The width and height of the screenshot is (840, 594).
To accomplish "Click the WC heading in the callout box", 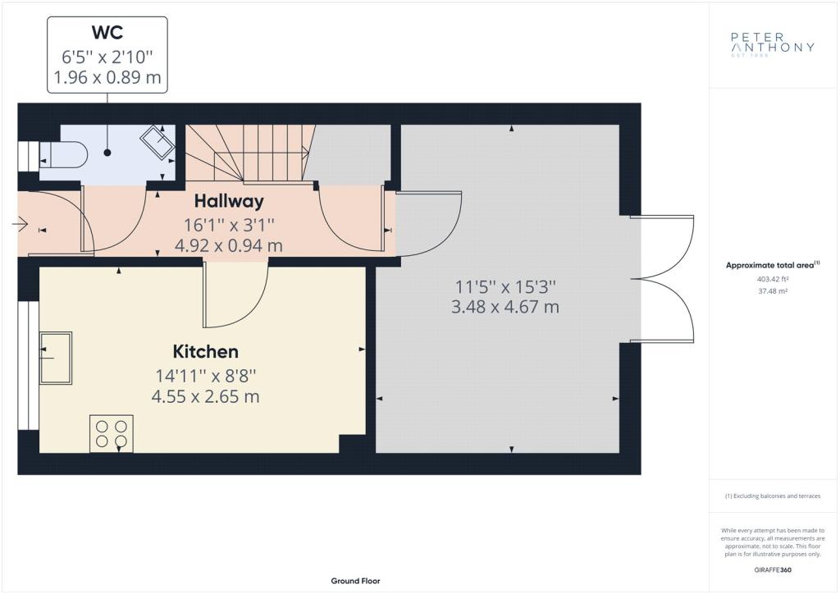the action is click(x=107, y=32).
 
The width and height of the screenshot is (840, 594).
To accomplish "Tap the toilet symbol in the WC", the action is click(x=63, y=155).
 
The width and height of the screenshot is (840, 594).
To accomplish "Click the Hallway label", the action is click(x=229, y=201).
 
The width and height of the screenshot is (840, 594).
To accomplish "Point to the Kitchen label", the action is click(x=206, y=351).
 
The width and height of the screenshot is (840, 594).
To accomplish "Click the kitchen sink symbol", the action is click(x=56, y=358).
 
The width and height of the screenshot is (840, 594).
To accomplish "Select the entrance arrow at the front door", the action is click(x=20, y=223).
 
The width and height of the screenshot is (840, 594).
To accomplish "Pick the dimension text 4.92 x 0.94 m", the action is click(x=229, y=246).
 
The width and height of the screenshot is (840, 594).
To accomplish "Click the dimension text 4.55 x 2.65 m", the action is click(x=206, y=397).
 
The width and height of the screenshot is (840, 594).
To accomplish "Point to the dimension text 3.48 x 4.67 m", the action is click(x=505, y=308).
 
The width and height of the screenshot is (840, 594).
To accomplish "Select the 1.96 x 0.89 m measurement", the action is click(x=107, y=78).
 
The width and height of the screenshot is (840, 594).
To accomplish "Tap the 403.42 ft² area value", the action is click(x=773, y=279).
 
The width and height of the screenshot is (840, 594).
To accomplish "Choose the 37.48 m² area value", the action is click(x=773, y=291).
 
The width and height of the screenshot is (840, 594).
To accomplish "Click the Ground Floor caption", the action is click(x=356, y=581).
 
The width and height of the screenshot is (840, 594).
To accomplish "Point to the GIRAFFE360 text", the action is click(x=773, y=570).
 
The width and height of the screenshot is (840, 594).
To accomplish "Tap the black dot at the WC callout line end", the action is click(x=107, y=153).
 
